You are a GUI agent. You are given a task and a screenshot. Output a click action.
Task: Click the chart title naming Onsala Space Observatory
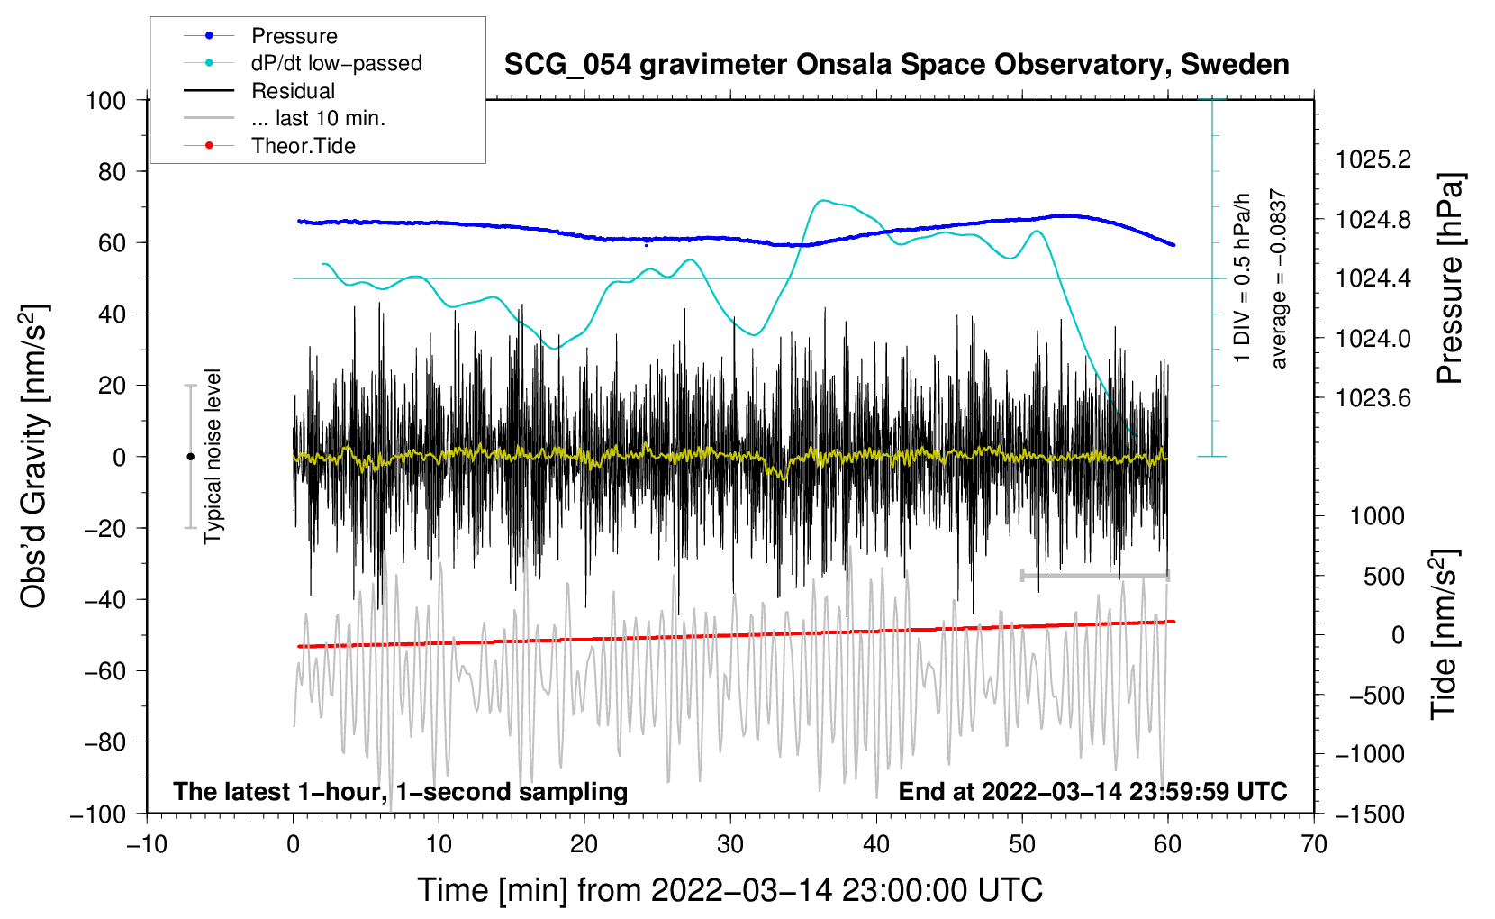tap(896, 65)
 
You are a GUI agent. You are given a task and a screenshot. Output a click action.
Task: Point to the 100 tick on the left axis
tap(105, 100)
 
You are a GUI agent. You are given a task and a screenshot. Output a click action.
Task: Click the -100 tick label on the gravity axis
tap(98, 814)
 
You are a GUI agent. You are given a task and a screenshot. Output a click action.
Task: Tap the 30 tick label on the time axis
tap(730, 844)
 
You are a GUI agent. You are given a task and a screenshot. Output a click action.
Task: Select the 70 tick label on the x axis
tap(1314, 844)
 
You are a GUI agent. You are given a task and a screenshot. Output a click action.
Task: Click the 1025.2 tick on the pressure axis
tap(1373, 159)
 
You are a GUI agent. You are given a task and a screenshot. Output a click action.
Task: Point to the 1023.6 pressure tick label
tap(1373, 398)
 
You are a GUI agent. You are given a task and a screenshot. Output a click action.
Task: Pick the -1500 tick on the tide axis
tap(1370, 814)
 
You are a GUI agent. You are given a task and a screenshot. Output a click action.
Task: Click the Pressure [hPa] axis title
tap(1449, 279)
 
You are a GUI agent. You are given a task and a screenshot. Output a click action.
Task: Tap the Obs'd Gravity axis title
tap(34, 457)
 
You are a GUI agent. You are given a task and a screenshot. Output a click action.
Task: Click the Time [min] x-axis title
tap(729, 890)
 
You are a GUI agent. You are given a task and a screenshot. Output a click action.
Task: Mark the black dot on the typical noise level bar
tap(190, 457)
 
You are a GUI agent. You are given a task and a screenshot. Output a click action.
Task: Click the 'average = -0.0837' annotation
tap(1279, 279)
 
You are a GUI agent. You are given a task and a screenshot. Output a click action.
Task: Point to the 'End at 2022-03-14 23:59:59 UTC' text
tap(1092, 791)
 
